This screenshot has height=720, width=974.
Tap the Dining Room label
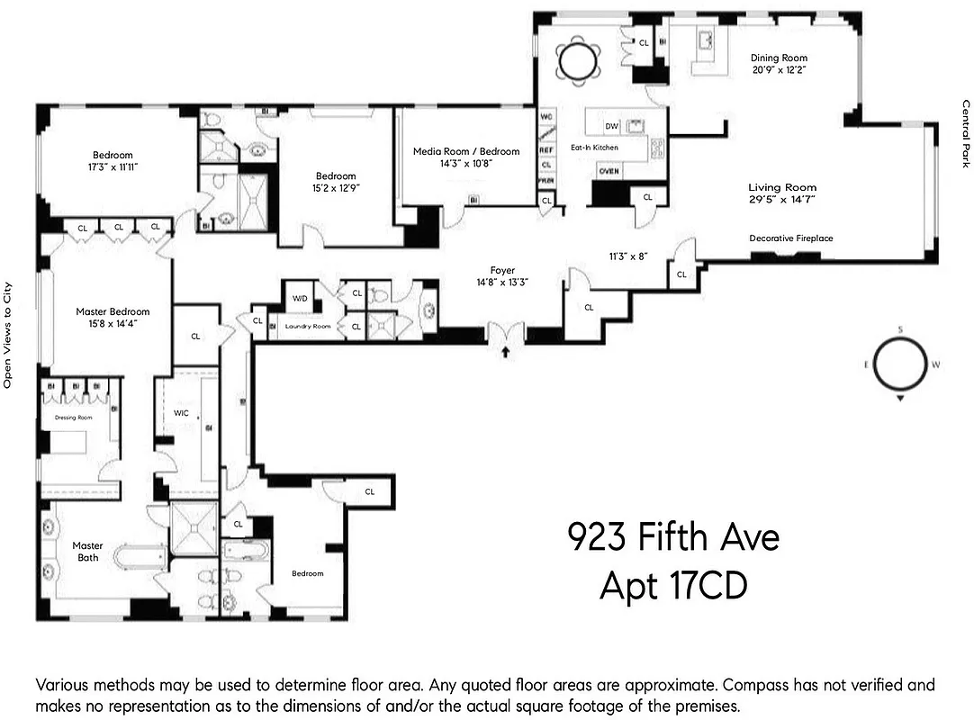coord(780,58)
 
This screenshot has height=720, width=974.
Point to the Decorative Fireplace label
coord(791,238)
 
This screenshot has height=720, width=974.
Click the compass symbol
coord(900,364)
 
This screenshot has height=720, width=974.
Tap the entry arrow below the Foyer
coord(505,352)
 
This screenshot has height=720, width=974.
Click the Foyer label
coord(502,270)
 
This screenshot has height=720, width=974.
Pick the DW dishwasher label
coord(611,126)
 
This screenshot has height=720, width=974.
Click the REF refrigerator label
coord(546,149)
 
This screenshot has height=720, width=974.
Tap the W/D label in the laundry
coord(298,297)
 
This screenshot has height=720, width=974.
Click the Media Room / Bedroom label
coord(466,151)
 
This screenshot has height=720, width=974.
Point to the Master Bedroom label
coord(113,311)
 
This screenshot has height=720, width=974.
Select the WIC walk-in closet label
coord(181,413)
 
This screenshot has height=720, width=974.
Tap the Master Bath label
coord(87,552)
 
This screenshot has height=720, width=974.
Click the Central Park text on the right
coord(965,133)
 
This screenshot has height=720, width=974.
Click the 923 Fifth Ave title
coord(673,538)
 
